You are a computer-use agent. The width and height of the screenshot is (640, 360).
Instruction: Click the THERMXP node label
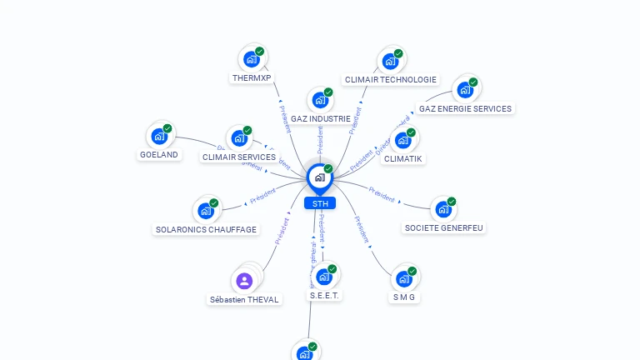click(x=252, y=78)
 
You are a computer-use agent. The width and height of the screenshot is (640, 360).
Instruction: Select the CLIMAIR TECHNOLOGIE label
click(x=390, y=80)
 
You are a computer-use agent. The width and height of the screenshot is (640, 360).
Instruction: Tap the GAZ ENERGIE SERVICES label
click(x=465, y=108)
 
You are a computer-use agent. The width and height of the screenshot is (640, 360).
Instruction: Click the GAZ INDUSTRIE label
click(x=320, y=119)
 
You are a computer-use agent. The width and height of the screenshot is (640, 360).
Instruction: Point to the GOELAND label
click(x=159, y=154)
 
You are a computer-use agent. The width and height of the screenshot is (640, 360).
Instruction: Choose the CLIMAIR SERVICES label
click(x=238, y=157)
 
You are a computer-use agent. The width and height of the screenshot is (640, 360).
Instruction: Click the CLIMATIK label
click(x=403, y=158)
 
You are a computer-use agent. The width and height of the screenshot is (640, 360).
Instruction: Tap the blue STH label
click(x=320, y=202)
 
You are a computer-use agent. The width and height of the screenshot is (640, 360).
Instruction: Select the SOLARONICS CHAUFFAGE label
click(x=206, y=229)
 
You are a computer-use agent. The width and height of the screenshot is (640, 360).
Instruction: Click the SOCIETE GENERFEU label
click(x=443, y=227)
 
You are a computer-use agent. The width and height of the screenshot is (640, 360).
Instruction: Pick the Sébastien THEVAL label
click(x=244, y=299)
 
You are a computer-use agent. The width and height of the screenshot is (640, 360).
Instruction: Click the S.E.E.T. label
click(x=326, y=295)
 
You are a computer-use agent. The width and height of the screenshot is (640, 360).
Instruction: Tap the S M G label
click(x=404, y=297)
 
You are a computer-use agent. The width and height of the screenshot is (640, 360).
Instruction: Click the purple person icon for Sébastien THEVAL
click(x=244, y=280)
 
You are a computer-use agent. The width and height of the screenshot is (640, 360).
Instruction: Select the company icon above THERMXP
click(x=251, y=59)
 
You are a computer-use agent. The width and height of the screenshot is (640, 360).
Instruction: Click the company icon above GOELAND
click(x=158, y=137)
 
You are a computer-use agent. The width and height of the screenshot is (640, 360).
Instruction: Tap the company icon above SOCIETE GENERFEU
click(x=442, y=210)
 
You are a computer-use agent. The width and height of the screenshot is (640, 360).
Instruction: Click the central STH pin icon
click(x=319, y=177)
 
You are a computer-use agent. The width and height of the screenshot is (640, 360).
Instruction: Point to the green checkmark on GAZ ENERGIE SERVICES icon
click(x=473, y=82)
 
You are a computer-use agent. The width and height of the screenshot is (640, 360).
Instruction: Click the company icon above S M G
click(x=404, y=278)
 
